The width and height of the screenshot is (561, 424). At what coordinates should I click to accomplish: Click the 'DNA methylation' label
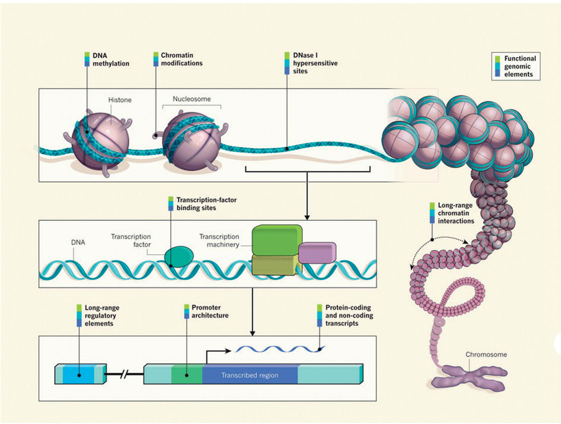coord(111,60)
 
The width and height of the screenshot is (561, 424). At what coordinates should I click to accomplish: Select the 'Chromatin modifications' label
coord(181,59)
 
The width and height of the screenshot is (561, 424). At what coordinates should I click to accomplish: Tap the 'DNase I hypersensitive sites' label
coord(315,63)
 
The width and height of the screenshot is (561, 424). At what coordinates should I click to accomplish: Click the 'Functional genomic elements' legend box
coord(516,67)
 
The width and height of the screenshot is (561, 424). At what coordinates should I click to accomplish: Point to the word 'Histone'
coord(120,100)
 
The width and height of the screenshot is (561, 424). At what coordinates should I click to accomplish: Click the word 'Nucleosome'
coord(192,99)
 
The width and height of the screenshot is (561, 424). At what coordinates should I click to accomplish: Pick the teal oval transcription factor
coord(179,257)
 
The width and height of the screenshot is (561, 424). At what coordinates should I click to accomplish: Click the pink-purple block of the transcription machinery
coord(317,253)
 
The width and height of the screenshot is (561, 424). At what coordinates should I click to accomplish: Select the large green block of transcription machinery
coord(277,240)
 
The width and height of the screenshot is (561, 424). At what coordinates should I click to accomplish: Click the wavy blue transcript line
coord(280,349)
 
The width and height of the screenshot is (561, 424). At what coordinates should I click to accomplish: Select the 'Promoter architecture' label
coord(210,311)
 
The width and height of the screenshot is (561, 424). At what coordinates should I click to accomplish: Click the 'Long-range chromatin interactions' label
coord(456,213)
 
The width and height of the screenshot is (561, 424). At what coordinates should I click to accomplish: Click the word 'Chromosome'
coord(486,355)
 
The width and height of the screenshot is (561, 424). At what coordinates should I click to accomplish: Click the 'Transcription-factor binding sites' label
coord(206,204)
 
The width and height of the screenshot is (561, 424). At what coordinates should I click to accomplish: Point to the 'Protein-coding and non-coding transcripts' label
coord(349,315)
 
